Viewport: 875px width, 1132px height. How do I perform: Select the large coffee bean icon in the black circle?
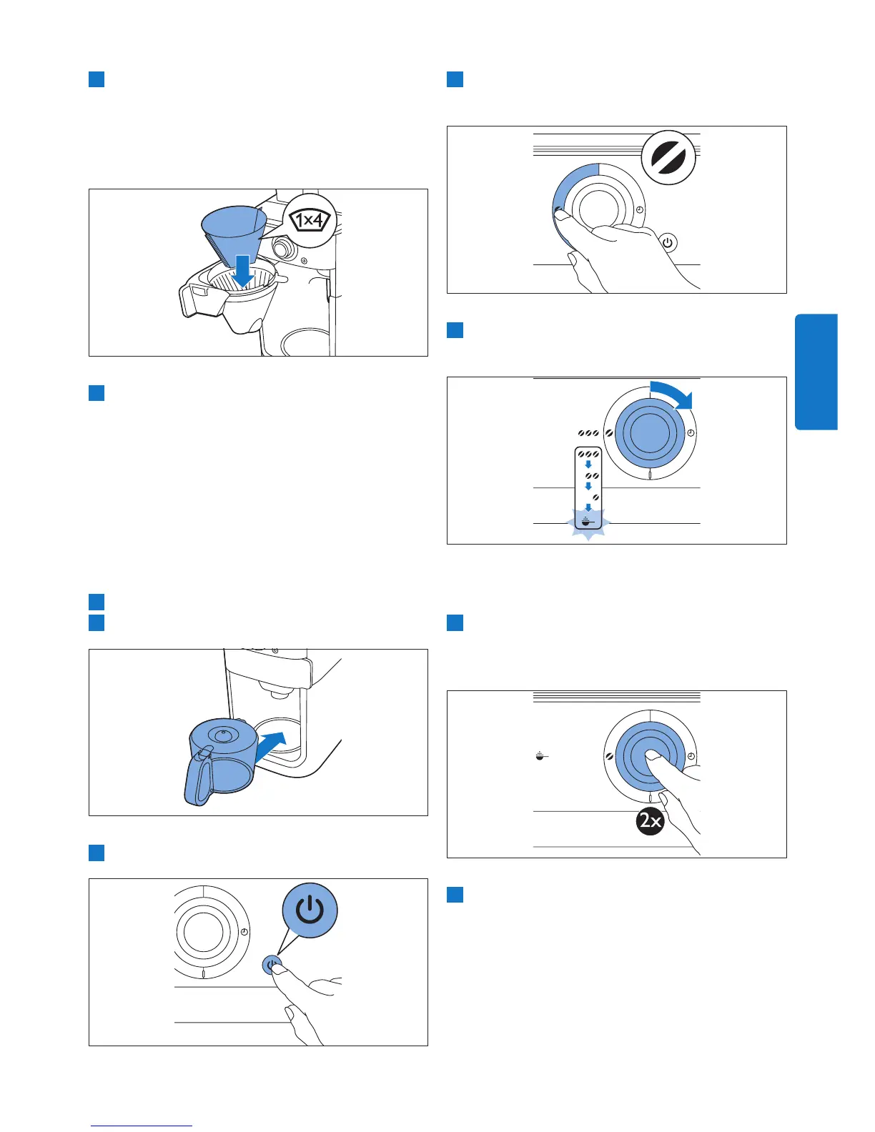(x=668, y=158)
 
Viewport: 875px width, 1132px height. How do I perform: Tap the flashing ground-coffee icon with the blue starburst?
(x=587, y=521)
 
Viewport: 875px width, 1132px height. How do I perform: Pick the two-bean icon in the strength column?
(x=591, y=476)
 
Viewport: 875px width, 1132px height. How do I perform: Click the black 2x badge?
(x=650, y=821)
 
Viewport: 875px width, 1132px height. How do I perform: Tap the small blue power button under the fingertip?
(x=271, y=965)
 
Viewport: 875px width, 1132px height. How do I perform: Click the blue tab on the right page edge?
(x=816, y=372)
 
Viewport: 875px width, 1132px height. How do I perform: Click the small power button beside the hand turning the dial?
(x=668, y=243)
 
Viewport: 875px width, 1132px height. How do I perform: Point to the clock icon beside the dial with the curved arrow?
(x=691, y=434)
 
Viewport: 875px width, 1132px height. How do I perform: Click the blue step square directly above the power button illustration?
(x=97, y=853)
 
